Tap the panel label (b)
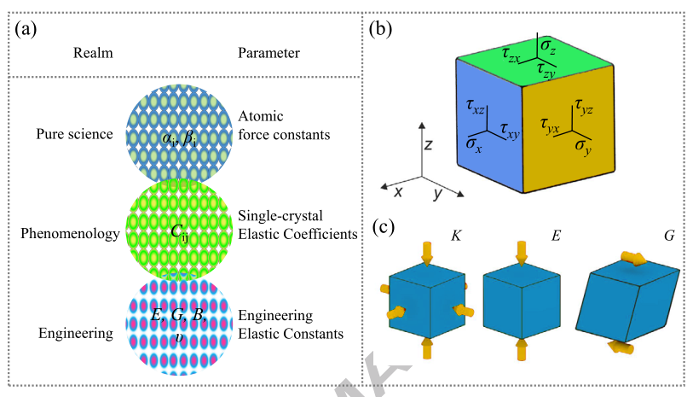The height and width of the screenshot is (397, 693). click(378, 28)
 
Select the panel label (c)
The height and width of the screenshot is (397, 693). click(378, 228)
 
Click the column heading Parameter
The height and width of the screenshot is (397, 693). click(268, 53)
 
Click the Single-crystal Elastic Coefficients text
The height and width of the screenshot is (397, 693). click(297, 225)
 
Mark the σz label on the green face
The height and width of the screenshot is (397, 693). click(550, 53)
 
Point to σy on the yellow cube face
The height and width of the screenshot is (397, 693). click(583, 147)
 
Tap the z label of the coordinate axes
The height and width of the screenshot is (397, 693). click(430, 145)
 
